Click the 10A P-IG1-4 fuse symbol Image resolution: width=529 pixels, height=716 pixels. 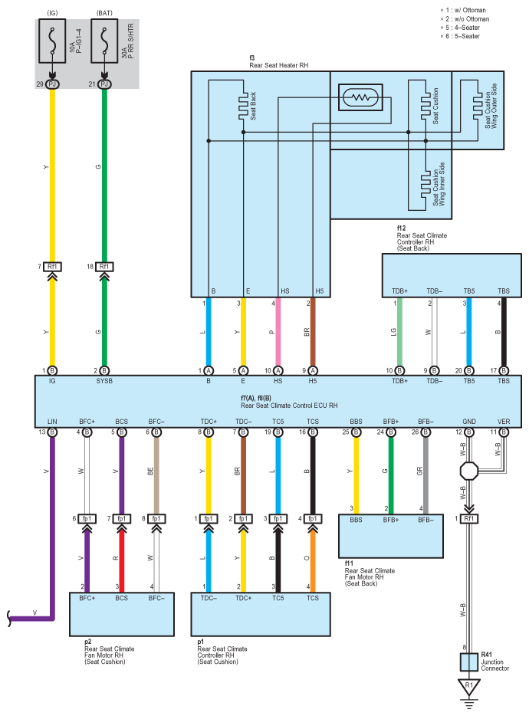(52, 41)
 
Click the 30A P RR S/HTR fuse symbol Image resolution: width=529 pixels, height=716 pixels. (104, 41)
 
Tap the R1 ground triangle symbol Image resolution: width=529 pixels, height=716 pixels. (469, 687)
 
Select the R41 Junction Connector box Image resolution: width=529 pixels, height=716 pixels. (469, 662)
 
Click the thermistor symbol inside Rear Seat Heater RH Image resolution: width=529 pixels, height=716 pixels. (360, 97)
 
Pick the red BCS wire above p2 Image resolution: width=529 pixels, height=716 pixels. (121, 557)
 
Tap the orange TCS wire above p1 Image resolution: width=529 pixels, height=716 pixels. (313, 557)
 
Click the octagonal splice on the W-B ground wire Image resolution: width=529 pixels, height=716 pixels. (469, 471)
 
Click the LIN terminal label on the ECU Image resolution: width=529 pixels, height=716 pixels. (52, 422)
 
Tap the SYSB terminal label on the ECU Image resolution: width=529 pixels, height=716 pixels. (104, 381)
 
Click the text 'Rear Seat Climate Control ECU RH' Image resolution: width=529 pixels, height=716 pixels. (289, 406)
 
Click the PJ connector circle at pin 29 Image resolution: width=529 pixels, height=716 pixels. (52, 84)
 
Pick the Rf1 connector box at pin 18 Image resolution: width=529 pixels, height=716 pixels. (104, 266)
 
